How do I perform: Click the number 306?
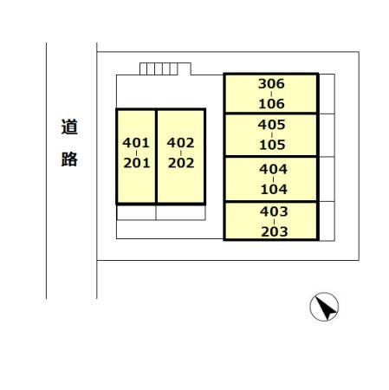click(271, 84)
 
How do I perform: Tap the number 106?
click(271, 104)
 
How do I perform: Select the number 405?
click(271, 125)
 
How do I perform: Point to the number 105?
click(272, 145)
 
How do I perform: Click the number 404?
click(273, 169)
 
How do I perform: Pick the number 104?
click(274, 189)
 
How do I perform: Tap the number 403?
click(274, 211)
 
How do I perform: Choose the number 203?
click(275, 231)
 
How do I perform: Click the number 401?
click(136, 143)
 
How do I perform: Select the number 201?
click(137, 163)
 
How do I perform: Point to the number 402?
click(180, 143)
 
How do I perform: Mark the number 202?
click(181, 163)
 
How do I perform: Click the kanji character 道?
click(69, 127)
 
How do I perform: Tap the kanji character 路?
click(69, 159)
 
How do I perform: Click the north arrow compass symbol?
click(324, 307)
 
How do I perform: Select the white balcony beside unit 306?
click(327, 94)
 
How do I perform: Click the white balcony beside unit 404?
click(327, 179)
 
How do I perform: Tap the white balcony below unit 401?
click(136, 212)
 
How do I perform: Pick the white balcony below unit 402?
click(181, 212)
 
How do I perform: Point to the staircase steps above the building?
click(159, 68)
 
